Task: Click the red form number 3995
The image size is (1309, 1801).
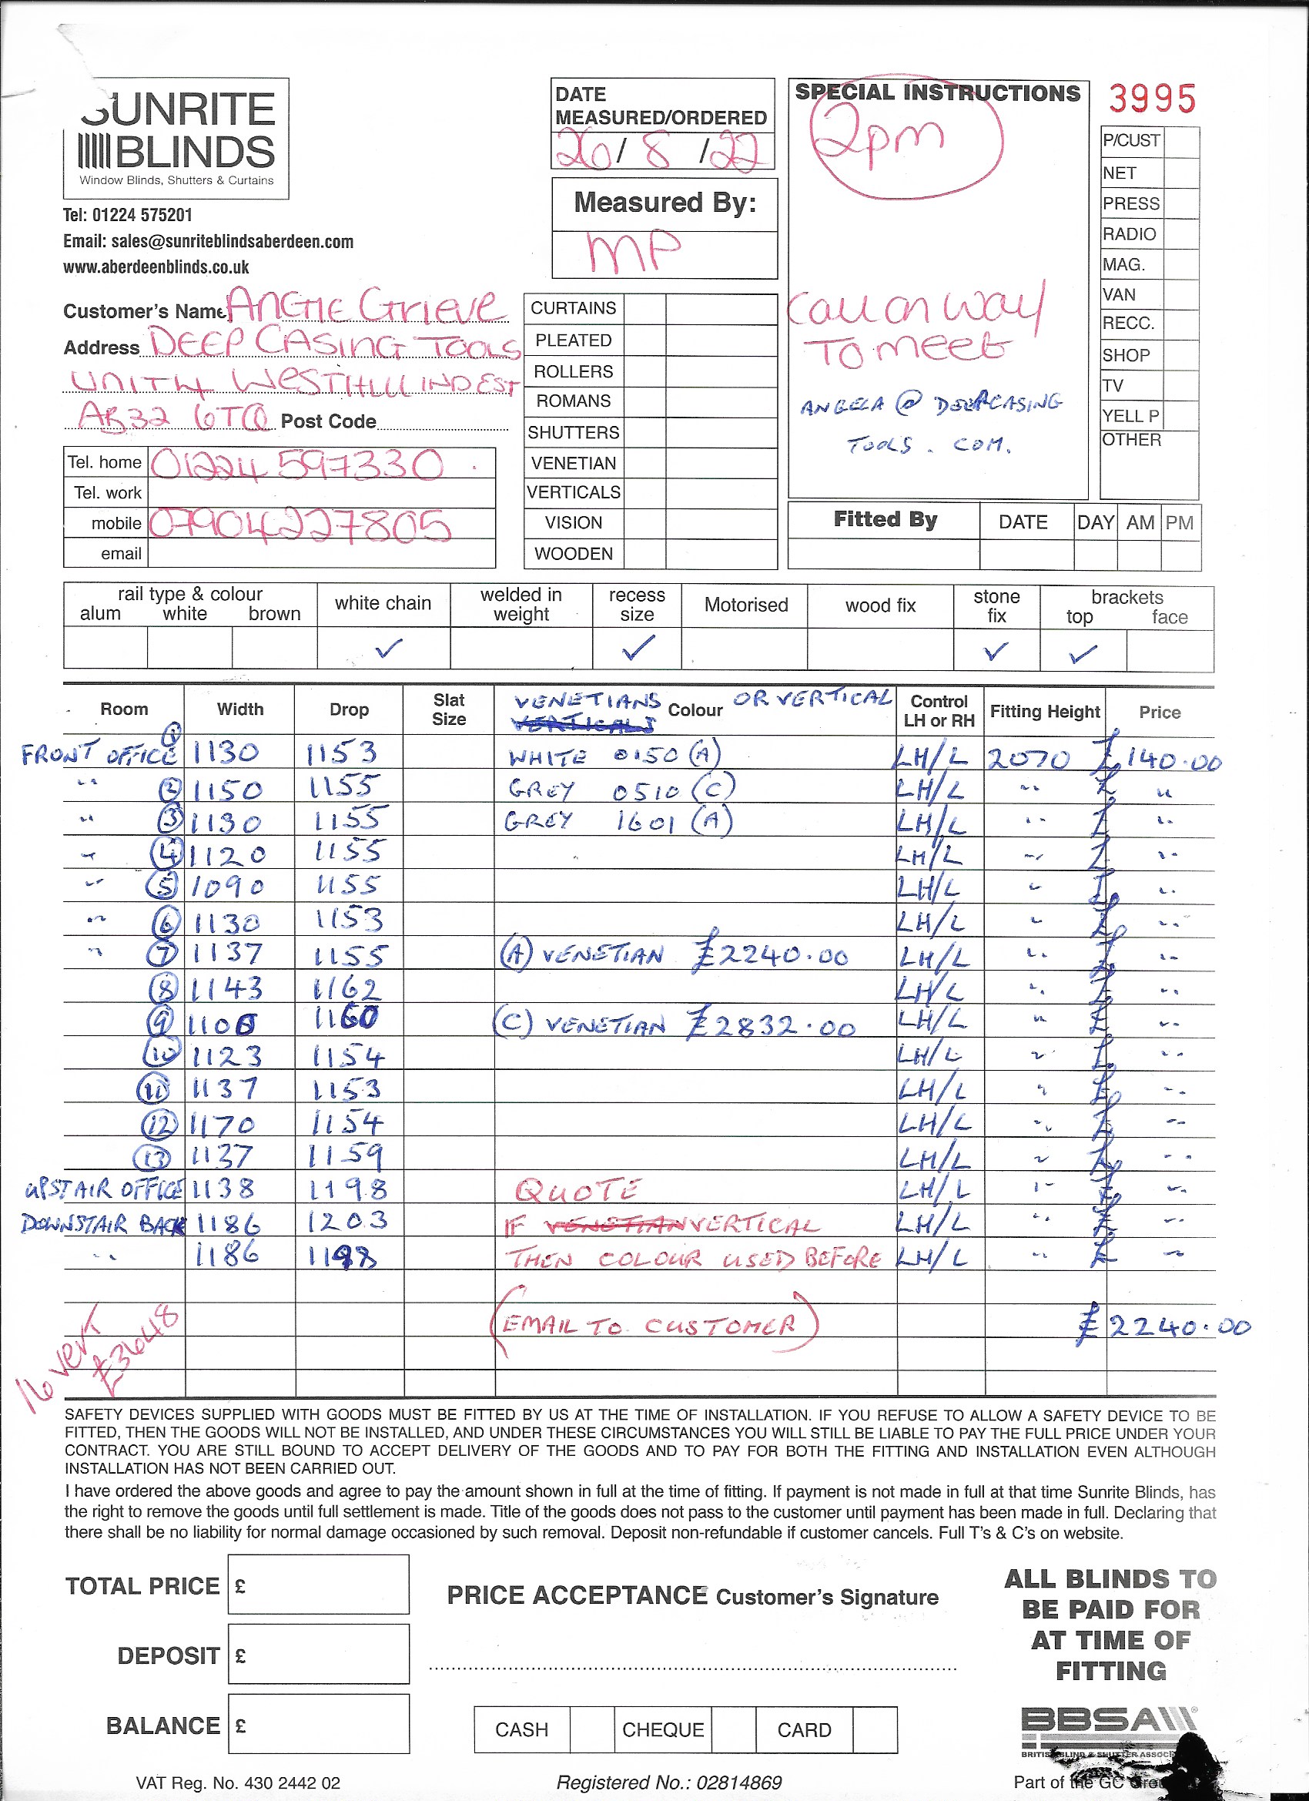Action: click(1151, 99)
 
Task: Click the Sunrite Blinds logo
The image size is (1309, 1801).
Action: click(176, 138)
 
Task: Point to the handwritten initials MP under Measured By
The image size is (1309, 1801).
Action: click(634, 252)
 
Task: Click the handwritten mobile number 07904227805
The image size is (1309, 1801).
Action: click(300, 525)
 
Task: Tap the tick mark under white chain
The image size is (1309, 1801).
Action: click(388, 649)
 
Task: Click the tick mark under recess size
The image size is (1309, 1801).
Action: click(638, 648)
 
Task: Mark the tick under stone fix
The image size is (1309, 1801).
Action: click(996, 651)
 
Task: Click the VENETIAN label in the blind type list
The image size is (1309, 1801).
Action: click(573, 463)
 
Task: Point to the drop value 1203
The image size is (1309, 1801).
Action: click(348, 1220)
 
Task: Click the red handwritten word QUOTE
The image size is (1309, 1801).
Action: click(577, 1189)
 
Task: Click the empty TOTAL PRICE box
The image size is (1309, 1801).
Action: click(318, 1585)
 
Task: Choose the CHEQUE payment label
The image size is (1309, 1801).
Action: click(663, 1729)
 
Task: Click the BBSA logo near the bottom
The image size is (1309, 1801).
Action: click(1107, 1722)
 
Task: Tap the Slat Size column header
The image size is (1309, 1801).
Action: click(448, 709)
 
